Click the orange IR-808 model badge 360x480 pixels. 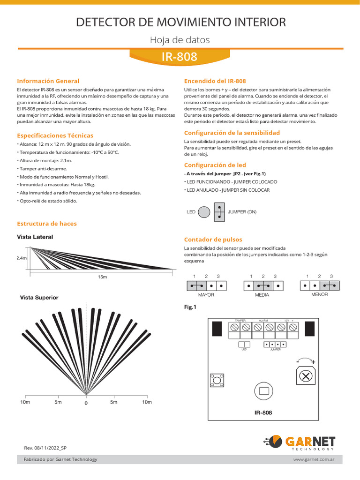pyautogui.click(x=180, y=57)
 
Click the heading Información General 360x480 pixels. pyautogui.click(x=48, y=81)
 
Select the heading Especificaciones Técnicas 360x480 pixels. pyautogui.click(x=55, y=135)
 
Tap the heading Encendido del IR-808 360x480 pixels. pyautogui.click(x=215, y=81)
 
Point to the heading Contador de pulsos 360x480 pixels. pyautogui.click(x=213, y=240)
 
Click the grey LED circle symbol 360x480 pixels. pyautogui.click(x=204, y=212)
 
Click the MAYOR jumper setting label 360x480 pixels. pyautogui.click(x=206, y=295)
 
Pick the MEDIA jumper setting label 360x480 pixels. pyautogui.click(x=262, y=295)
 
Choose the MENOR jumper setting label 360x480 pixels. pyautogui.click(x=319, y=294)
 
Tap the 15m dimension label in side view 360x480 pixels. pyautogui.click(x=102, y=277)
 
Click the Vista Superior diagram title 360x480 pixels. pyautogui.click(x=39, y=298)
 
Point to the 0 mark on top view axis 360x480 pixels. pyautogui.click(x=86, y=403)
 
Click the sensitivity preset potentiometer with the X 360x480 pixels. pyautogui.click(x=305, y=376)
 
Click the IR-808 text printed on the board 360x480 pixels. pyautogui.click(x=263, y=413)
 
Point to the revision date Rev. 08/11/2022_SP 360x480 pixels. pyautogui.click(x=45, y=448)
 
